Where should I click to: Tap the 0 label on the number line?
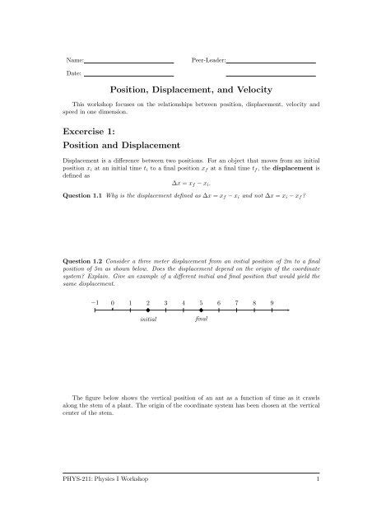click(x=113, y=302)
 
